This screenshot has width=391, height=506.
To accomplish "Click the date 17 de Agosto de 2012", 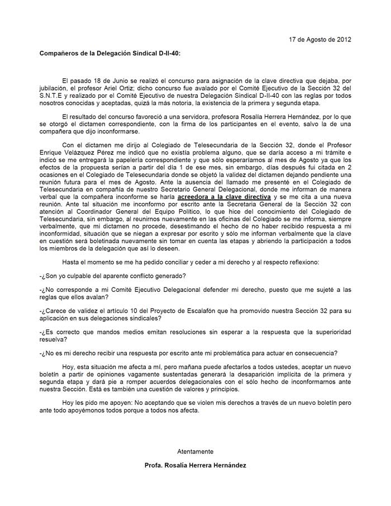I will (320, 40).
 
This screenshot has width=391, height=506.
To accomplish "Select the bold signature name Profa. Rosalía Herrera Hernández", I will (195, 465).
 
